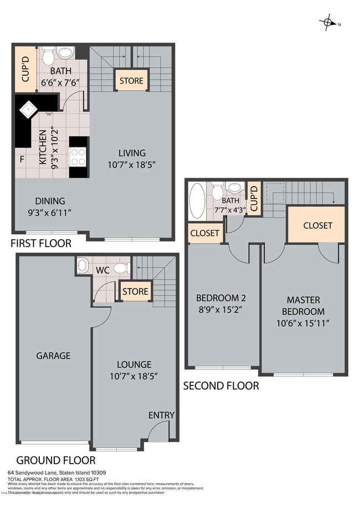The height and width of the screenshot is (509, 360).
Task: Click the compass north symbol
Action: click(328, 23)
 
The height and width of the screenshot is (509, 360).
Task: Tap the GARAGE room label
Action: click(53, 356)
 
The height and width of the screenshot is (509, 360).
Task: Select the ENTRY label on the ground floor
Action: click(161, 415)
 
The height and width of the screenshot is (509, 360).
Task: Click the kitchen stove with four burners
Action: click(78, 157)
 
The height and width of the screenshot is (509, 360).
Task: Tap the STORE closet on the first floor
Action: click(131, 81)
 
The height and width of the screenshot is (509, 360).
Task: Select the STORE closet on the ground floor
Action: click(135, 291)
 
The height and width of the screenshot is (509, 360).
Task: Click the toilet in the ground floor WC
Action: click(120, 268)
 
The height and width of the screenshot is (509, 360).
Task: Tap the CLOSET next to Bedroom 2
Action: click(204, 233)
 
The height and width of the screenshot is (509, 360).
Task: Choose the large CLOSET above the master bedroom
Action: click(317, 225)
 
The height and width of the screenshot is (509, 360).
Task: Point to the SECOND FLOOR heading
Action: click(221, 385)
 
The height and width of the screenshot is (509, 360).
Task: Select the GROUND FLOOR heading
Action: click(55, 460)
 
